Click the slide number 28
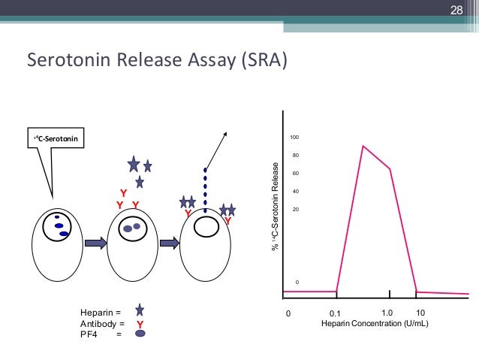456,10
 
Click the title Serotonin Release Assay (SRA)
156,59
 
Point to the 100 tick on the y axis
295,138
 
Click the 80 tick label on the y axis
296,156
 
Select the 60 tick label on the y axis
296,173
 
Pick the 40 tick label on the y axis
296,191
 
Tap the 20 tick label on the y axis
296,209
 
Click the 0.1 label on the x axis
336,313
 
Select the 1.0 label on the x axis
387,311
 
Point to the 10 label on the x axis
420,311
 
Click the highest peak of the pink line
363,146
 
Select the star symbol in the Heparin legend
140,310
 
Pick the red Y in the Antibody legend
140,324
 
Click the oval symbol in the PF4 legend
140,335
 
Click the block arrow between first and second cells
94,243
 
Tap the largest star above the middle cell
134,163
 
